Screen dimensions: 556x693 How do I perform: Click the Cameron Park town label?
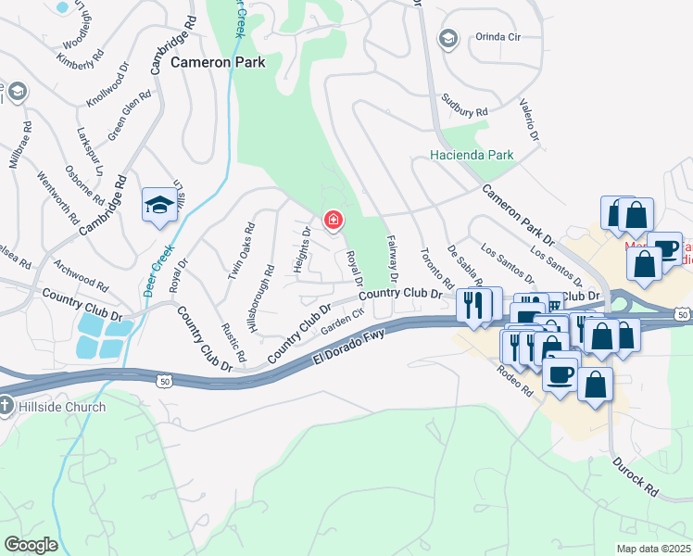pos(218,63)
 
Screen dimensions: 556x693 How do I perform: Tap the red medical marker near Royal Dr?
pos(332,221)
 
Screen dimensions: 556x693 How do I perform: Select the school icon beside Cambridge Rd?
pos(159,205)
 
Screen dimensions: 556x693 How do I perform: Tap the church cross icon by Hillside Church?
pos(7,406)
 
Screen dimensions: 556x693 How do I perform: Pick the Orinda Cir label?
pos(498,37)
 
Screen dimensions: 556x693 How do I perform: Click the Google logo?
pos(31,545)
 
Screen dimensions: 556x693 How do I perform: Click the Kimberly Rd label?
pos(76,59)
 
